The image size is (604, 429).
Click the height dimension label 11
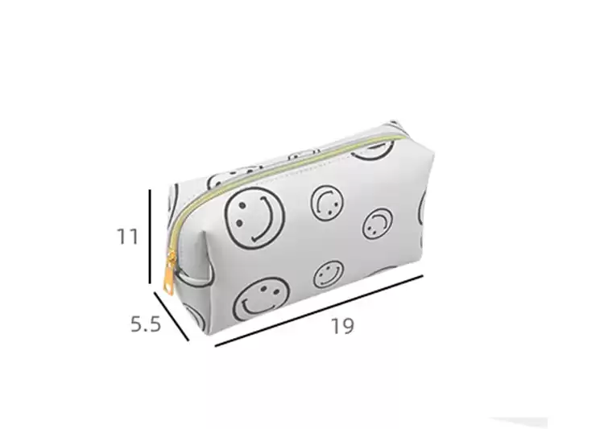pyautogui.click(x=127, y=237)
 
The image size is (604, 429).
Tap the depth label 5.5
pyautogui.click(x=145, y=324)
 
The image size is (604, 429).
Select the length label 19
pyautogui.click(x=342, y=326)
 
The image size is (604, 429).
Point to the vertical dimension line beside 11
pyautogui.click(x=150, y=236)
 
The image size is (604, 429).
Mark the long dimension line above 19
pyautogui.click(x=319, y=311)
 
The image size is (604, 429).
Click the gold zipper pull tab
pyautogui.click(x=168, y=273)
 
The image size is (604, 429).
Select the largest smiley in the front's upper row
pyautogui.click(x=254, y=217)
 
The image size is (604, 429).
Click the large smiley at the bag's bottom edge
pyautogui.click(x=262, y=299)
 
